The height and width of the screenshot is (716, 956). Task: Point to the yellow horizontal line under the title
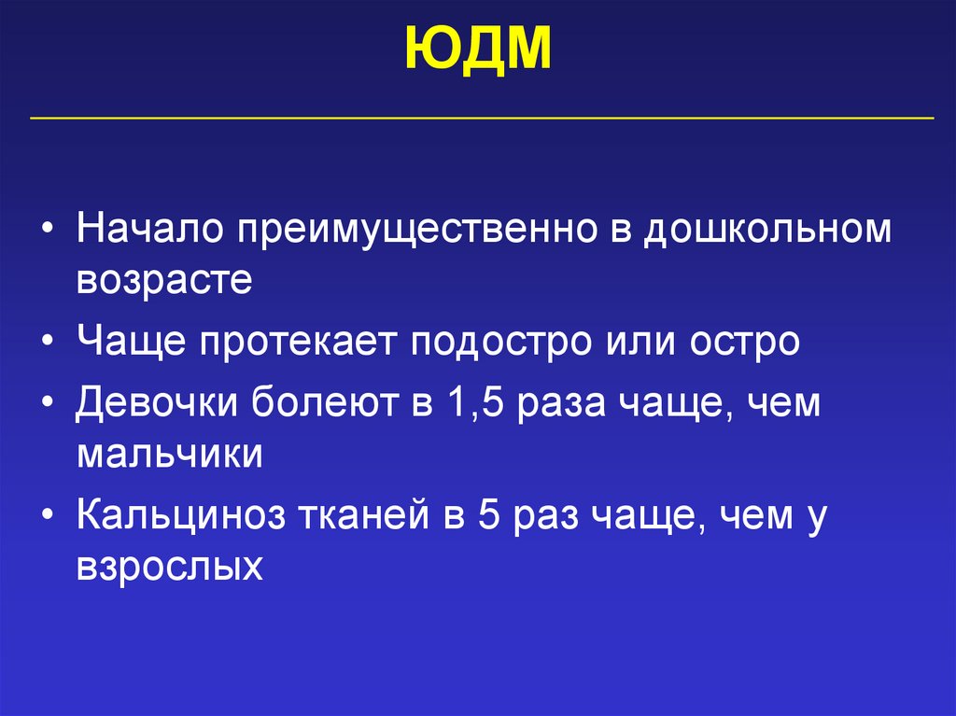(x=482, y=119)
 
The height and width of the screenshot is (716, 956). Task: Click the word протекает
(x=299, y=342)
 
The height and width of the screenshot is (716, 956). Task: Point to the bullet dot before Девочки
(x=47, y=403)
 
